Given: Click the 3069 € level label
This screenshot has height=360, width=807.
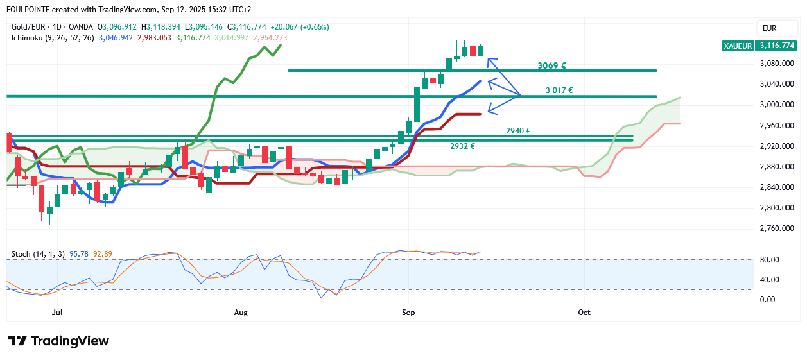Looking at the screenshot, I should [551, 65].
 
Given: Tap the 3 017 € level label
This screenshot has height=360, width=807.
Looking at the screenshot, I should [559, 90].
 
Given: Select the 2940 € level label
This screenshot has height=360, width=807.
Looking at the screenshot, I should [518, 130].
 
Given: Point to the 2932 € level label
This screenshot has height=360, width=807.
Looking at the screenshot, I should [462, 146].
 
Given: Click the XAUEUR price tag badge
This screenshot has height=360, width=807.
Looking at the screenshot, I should [738, 46].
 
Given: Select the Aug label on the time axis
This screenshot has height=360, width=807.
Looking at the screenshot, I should [241, 313].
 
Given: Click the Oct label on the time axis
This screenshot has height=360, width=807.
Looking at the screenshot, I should [584, 313].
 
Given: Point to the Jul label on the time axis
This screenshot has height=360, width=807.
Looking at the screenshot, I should [57, 313].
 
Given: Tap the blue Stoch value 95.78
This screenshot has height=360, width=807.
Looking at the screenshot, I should [78, 254].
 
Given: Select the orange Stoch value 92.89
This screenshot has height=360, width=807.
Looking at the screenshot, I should [103, 254].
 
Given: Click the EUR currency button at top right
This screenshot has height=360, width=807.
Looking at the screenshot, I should [769, 28].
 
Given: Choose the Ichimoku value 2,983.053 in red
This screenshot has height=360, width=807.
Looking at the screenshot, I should [158, 38].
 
